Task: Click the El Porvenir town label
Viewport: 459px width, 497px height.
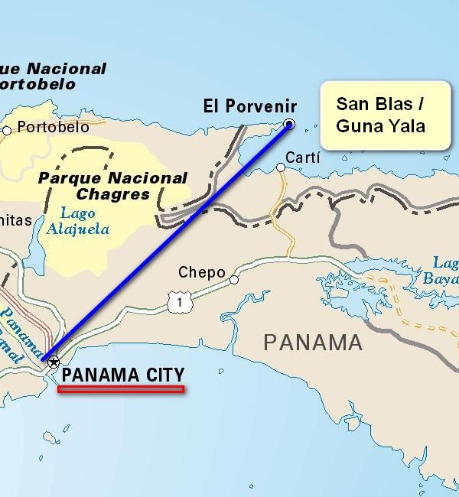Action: (249, 106)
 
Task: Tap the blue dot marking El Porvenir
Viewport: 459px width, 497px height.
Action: (289, 124)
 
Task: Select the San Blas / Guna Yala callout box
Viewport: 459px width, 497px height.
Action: (384, 115)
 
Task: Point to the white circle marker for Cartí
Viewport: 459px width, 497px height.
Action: (281, 167)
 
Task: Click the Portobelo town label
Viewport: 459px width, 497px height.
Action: (53, 127)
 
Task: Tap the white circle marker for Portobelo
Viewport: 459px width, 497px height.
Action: (7, 130)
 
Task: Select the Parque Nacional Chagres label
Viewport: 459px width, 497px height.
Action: (112, 186)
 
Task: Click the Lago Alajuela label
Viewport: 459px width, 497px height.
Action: (76, 221)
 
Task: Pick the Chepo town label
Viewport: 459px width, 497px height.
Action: (202, 272)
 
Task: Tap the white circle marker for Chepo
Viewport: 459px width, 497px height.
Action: (234, 280)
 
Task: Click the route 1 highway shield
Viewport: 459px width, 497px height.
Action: (181, 303)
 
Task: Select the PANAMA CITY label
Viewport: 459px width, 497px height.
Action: (123, 375)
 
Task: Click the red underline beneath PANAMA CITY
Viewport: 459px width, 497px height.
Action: (121, 389)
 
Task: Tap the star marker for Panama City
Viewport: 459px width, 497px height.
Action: (53, 362)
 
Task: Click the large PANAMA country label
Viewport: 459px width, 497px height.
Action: (313, 342)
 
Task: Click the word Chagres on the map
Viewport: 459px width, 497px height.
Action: (113, 194)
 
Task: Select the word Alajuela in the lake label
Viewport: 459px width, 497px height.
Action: (76, 229)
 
